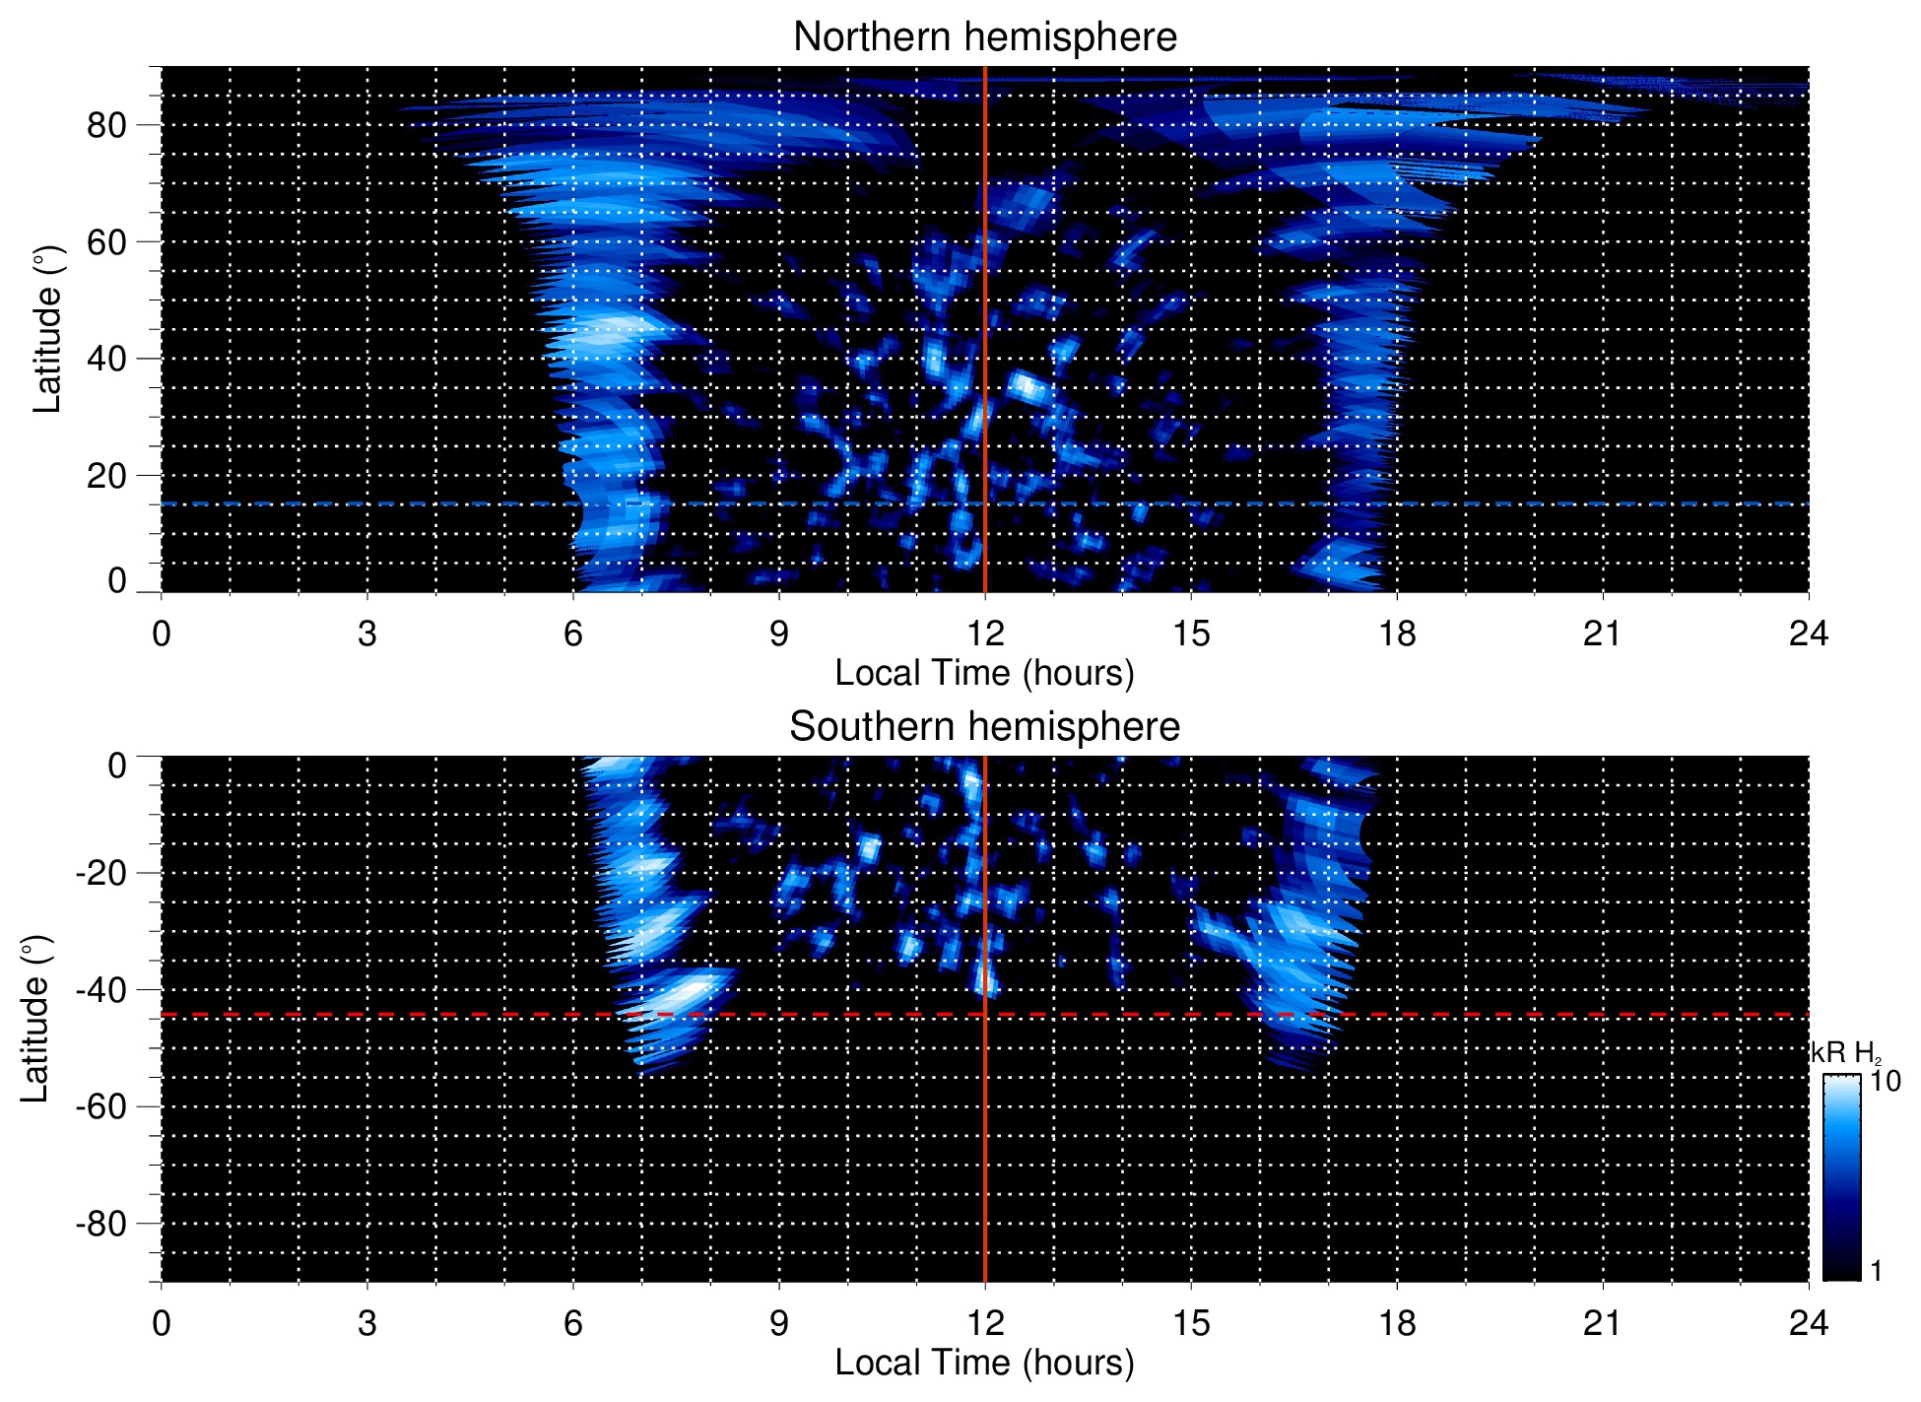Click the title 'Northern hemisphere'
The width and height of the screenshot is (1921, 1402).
click(984, 37)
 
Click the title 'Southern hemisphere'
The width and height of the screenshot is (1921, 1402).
click(984, 727)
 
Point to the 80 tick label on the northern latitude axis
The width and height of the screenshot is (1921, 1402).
click(106, 125)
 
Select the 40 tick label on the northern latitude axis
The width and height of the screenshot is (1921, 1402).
click(106, 359)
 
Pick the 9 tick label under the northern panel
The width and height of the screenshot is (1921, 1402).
click(779, 634)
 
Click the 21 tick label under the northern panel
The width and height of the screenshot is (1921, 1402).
click(1602, 634)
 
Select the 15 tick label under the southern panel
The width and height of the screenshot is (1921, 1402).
click(1190, 1323)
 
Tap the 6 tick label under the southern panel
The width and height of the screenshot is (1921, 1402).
click(573, 1323)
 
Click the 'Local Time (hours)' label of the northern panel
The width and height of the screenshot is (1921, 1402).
click(984, 673)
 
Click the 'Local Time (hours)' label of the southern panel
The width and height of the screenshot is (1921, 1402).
click(984, 1363)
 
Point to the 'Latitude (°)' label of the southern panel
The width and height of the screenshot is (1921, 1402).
click(35, 1020)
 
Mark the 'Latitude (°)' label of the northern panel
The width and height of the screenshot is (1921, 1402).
click(47, 330)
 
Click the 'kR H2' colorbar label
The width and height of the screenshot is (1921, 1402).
click(1845, 1053)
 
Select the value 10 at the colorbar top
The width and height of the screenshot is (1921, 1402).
click(1885, 1081)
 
